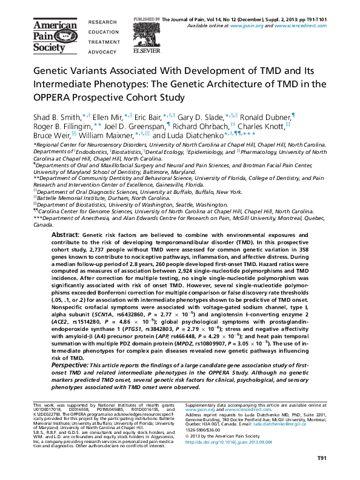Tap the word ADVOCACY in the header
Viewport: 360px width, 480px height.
[103, 52]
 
